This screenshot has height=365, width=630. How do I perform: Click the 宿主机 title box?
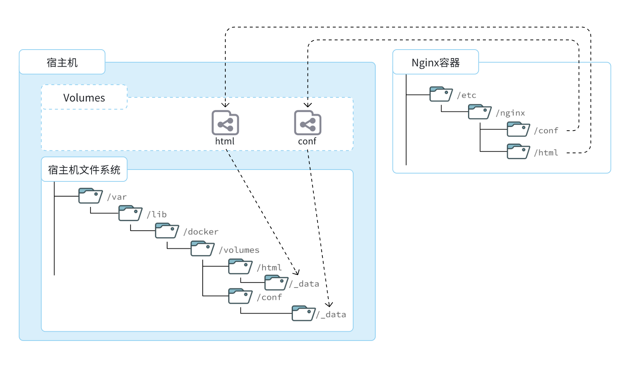[62, 62]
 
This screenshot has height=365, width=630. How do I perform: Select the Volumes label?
[84, 97]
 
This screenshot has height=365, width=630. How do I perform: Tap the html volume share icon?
[225, 123]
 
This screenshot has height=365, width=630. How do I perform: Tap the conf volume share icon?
[308, 123]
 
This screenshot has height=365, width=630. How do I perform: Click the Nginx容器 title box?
[435, 62]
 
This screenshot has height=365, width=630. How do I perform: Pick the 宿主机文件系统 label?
[84, 170]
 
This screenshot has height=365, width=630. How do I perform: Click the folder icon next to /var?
[90, 196]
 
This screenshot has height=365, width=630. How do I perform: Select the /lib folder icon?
[130, 214]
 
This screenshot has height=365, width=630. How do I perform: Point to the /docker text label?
[201, 232]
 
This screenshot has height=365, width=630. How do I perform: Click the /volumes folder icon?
[202, 249]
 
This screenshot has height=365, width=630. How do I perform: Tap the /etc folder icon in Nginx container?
[441, 94]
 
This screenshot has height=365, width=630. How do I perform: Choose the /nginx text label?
[510, 113]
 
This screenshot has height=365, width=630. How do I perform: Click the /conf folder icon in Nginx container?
[518, 130]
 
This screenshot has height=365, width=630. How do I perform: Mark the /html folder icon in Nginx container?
[518, 151]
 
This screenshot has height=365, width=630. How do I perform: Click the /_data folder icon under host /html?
[276, 283]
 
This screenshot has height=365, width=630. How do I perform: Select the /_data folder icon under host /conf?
[303, 314]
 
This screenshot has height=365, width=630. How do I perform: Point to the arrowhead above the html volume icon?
[225, 105]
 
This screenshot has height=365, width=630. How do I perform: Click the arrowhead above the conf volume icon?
[308, 105]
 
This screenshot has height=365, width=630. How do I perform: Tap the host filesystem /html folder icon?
[240, 267]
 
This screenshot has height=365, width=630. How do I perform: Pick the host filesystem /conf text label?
[269, 297]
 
